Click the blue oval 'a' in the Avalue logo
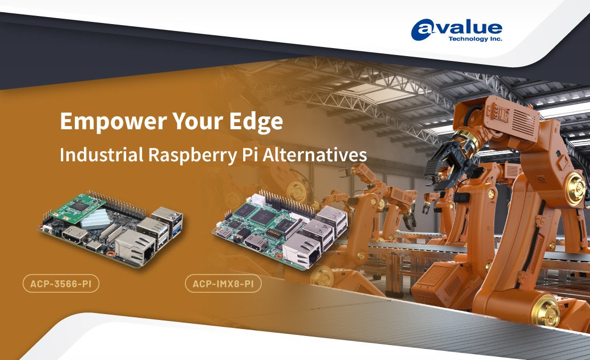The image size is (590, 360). pos(423,30)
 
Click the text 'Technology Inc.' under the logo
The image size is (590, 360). pos(475,39)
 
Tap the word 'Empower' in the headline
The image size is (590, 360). pos(113,121)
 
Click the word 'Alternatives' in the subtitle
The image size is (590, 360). pos(315,154)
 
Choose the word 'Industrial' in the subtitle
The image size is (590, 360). pos(101,154)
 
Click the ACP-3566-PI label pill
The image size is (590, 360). pos(61,284)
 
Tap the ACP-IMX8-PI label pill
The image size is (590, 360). pos(223,284)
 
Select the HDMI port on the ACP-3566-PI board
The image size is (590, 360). pos(75,236)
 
